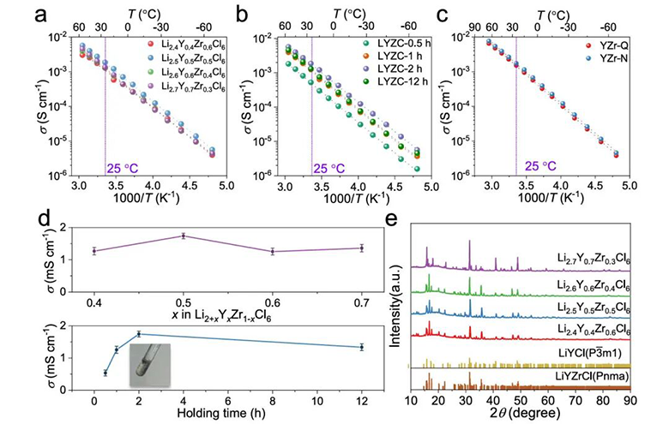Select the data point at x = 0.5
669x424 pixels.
pyautogui.click(x=183, y=236)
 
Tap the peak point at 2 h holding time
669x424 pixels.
pyautogui.click(x=138, y=334)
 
